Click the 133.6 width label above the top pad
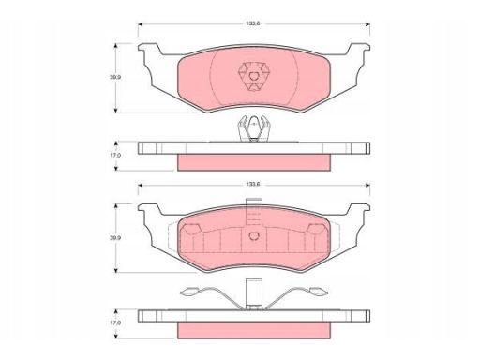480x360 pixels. pyautogui.click(x=253, y=23)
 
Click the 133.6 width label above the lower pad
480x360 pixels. pyautogui.click(x=253, y=185)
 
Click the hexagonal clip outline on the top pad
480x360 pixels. pyautogui.click(x=254, y=76)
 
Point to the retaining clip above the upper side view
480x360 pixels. pyautogui.click(x=253, y=128)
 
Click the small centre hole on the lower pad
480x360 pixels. pyautogui.click(x=254, y=236)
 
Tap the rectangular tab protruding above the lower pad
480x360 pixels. pyautogui.click(x=254, y=212)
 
